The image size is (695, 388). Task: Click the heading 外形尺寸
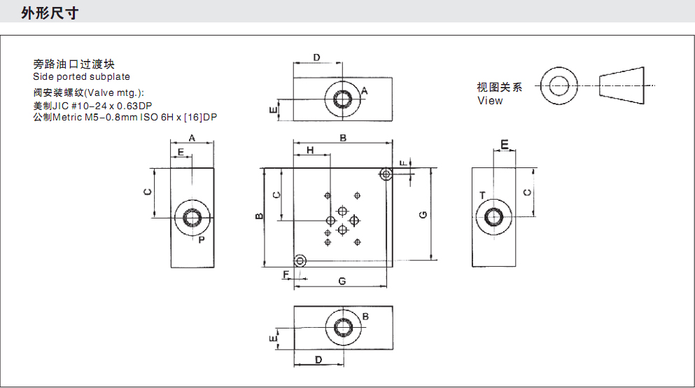pyautogui.click(x=49, y=13)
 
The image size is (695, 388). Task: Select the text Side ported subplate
pyautogui.click(x=81, y=76)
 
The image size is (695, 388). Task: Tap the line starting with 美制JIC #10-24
pyautogui.click(x=93, y=105)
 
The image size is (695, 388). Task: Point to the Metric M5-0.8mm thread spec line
pyautogui.click(x=125, y=117)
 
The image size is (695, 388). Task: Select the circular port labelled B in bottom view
pyautogui.click(x=343, y=328)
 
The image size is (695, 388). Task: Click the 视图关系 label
pyautogui.click(x=500, y=88)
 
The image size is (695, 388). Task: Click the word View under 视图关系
pyautogui.click(x=490, y=100)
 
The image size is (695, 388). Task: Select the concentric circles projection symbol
pyautogui.click(x=558, y=85)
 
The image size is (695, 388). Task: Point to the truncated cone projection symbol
pyautogui.click(x=621, y=85)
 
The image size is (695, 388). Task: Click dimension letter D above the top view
pyautogui.click(x=316, y=57)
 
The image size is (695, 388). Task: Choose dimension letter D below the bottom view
pyautogui.click(x=318, y=359)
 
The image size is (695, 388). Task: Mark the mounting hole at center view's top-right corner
pyautogui.click(x=386, y=174)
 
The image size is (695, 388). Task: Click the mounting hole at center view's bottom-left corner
pyautogui.click(x=300, y=261)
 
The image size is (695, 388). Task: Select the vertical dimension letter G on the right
pyautogui.click(x=423, y=215)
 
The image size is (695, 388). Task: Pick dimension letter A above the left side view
pyautogui.click(x=192, y=137)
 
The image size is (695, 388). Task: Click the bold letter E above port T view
pyautogui.click(x=504, y=144)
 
